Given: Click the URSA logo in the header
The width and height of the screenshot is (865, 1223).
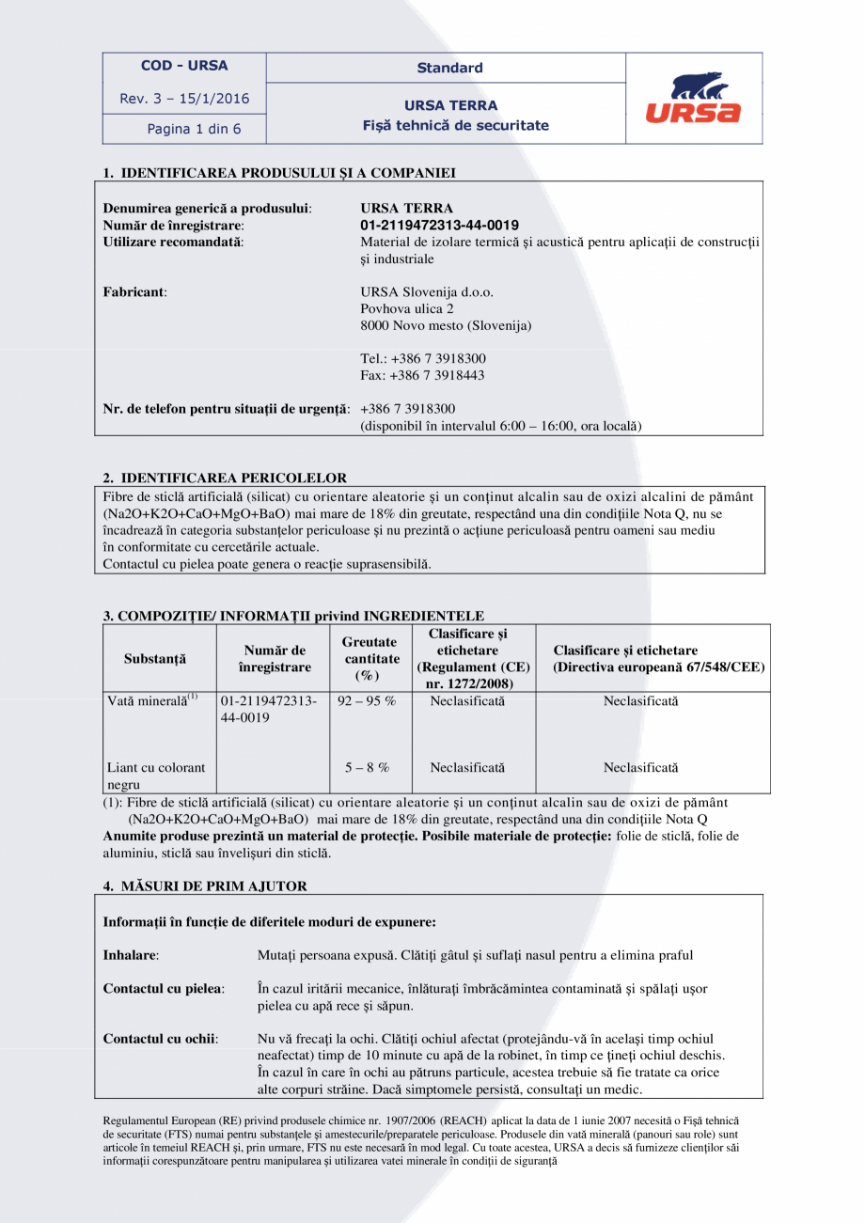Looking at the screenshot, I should pos(693,99).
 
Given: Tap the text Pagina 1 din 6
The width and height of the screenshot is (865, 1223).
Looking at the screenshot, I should pos(194,129).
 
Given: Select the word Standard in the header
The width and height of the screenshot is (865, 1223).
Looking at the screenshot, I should pos(449,68).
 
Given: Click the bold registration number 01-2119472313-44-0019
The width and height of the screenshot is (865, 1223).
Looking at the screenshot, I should pos(439,226).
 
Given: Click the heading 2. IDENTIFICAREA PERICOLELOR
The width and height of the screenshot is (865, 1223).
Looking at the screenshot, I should pos(225,478).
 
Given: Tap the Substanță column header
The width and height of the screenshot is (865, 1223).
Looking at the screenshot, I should pos(155,658).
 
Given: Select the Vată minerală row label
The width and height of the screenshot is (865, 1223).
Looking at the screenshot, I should pos(152,701).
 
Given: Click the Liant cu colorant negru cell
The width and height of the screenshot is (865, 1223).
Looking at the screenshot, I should pos(156,776).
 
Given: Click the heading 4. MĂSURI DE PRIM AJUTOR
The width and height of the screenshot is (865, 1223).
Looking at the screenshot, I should pos(205,886).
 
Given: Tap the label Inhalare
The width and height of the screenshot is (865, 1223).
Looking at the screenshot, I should pos(131,955).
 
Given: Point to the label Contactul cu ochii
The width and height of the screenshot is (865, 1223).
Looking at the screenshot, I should pos(161,1039).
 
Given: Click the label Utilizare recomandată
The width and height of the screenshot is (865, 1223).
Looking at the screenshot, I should pos(172,243).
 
